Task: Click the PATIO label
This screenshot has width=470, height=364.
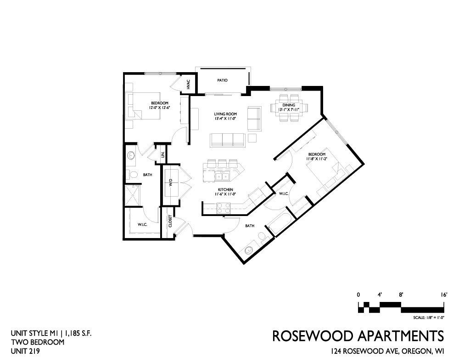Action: click(222, 80)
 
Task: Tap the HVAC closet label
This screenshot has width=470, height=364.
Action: click(188, 84)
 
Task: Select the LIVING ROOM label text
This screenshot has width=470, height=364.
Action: click(225, 114)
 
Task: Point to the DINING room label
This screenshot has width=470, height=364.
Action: click(289, 105)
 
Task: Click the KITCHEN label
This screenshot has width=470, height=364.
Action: click(225, 190)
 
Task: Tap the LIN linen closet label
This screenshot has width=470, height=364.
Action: click(163, 155)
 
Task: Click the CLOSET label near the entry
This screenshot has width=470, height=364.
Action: click(170, 221)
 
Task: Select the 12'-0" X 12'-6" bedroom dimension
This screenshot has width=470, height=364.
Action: click(159, 108)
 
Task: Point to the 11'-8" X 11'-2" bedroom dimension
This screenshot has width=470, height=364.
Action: click(316, 159)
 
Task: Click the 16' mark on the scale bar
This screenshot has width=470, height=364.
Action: click(444, 295)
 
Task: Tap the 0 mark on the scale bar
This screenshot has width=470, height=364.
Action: click(358, 295)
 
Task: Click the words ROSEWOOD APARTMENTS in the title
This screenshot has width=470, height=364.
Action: click(358, 336)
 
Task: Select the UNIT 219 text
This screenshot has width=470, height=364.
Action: click(25, 351)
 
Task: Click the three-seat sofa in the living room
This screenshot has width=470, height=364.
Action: click(228, 140)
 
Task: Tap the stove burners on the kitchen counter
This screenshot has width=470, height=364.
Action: click(224, 208)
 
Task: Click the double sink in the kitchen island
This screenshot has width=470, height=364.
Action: click(222, 176)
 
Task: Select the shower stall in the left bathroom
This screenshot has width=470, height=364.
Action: click(133, 195)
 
